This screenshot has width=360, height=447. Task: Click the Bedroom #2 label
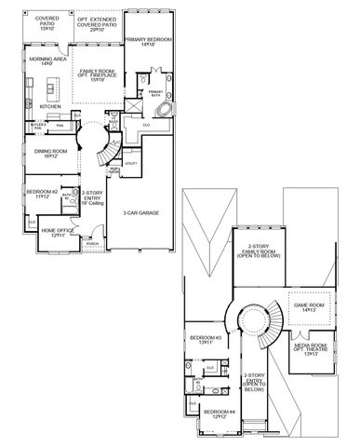click(43, 194)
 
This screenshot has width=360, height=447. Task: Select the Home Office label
click(55, 233)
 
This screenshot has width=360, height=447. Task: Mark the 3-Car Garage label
click(140, 213)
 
